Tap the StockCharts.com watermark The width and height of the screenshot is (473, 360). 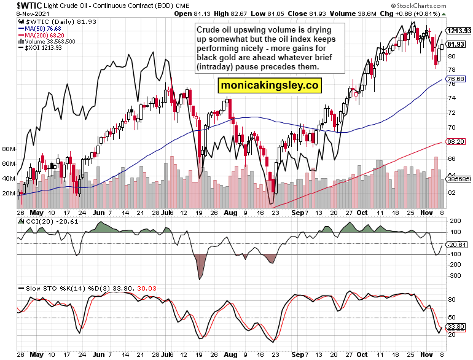[x=440, y=5]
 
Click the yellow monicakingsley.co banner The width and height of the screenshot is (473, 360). [x=269, y=85]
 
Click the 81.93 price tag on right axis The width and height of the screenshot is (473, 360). [x=455, y=44]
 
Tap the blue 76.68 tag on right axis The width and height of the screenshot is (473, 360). [x=455, y=79]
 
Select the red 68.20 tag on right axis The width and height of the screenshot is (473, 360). [x=455, y=141]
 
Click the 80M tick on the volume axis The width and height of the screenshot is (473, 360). [x=9, y=149]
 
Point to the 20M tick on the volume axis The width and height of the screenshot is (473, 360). [x=9, y=193]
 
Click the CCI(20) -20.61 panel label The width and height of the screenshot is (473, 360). [x=42, y=212]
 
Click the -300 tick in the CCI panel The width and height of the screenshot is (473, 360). [x=455, y=276]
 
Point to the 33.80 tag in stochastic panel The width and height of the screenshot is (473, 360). [x=455, y=327]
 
